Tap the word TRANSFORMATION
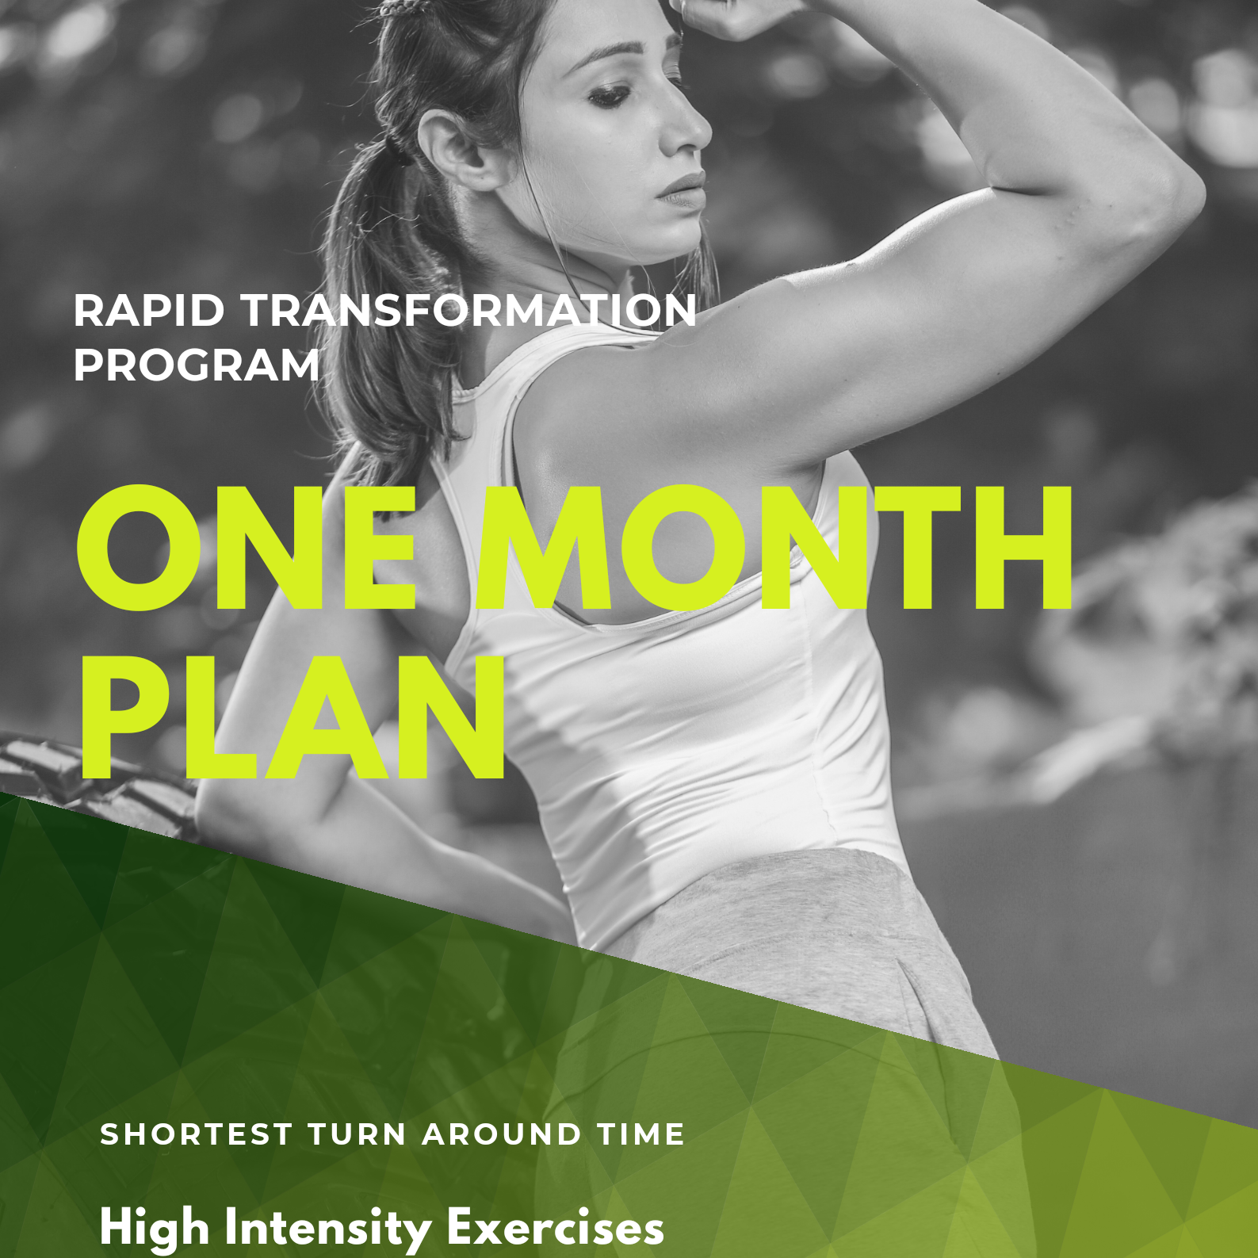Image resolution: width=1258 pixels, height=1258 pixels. point(468,310)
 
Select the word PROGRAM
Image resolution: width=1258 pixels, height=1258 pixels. point(197,365)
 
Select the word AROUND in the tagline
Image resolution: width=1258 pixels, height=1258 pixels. point(503,1134)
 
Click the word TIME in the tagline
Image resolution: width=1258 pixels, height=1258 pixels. point(641,1134)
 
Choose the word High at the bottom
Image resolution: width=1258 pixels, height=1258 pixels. point(155,1228)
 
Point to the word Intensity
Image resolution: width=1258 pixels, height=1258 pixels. point(327,1228)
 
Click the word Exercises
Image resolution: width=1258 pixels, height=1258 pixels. point(555,1228)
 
